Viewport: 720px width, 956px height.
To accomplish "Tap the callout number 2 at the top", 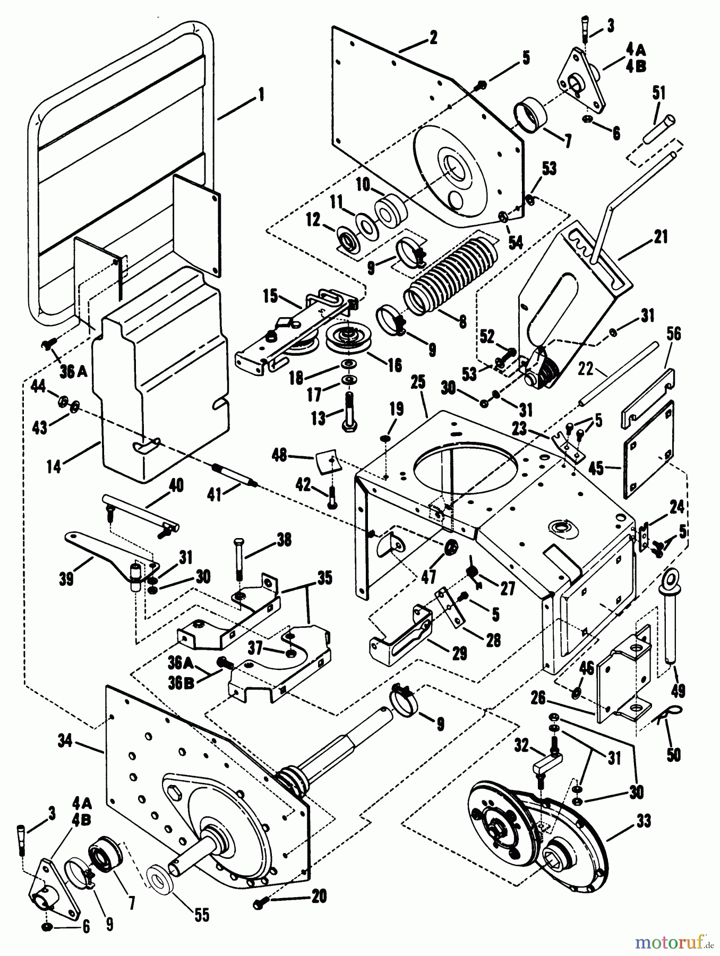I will coord(433,37).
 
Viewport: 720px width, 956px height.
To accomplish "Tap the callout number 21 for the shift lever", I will coord(661,237).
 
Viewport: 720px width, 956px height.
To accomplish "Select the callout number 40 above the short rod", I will coord(176,485).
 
